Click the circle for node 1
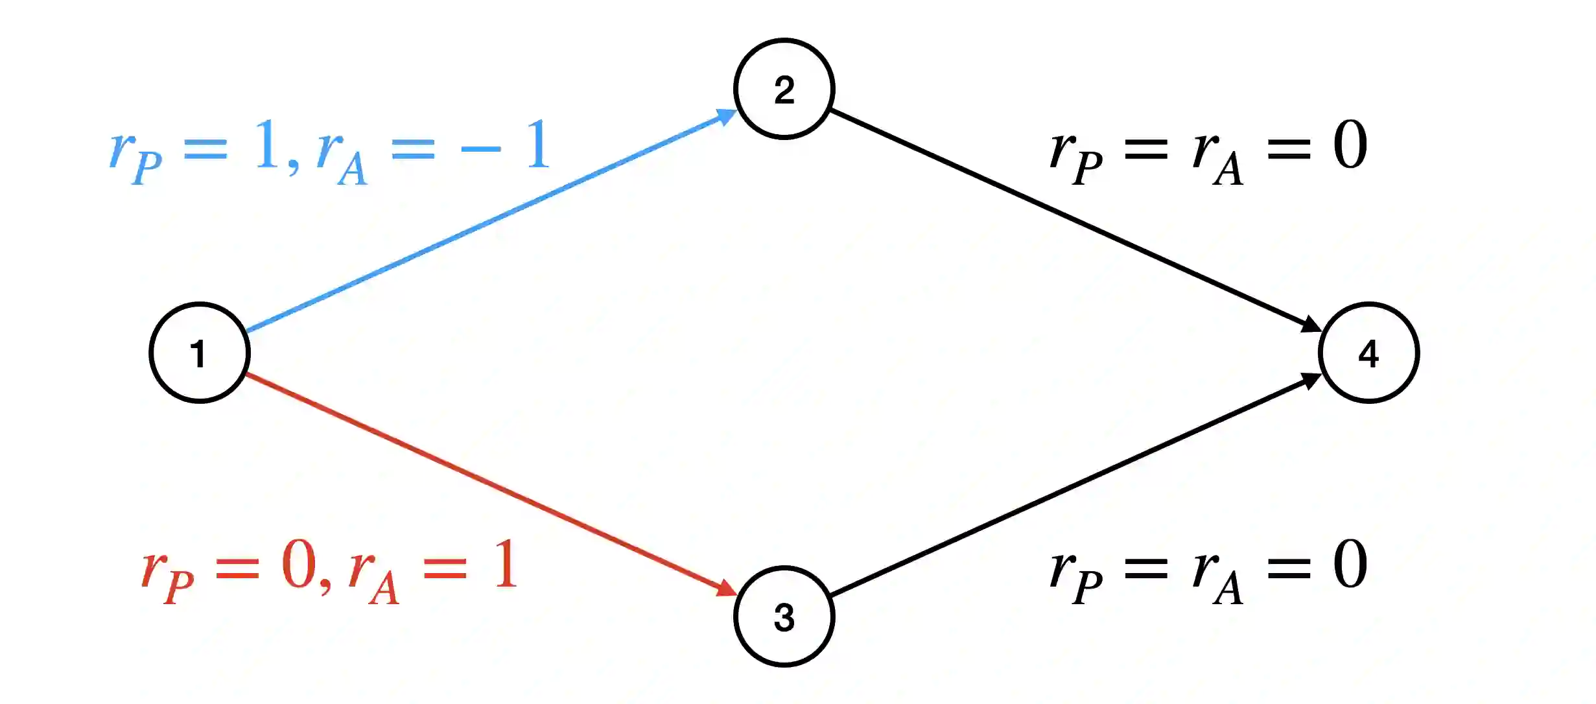200,353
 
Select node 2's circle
784,89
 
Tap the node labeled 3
784,616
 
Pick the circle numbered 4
1369,353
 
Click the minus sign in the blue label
480,149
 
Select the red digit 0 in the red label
299,565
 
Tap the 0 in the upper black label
1350,145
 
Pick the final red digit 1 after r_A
506,565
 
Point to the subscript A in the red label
384,589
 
